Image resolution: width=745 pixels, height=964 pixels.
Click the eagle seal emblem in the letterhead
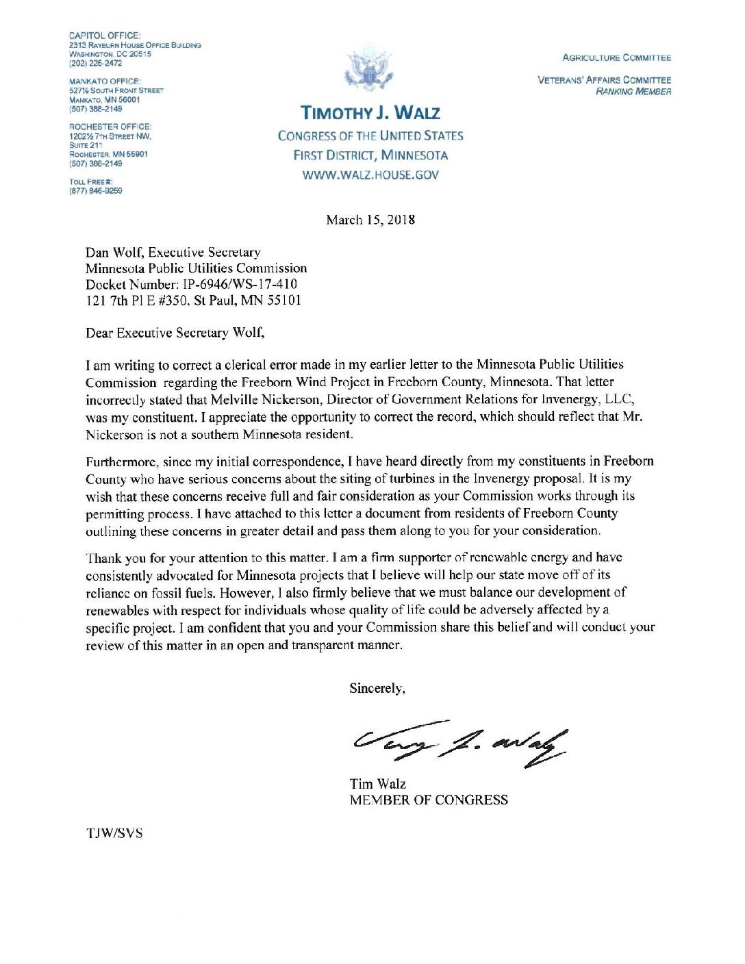pyautogui.click(x=370, y=68)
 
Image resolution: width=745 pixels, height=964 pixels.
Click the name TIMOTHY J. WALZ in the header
pyautogui.click(x=370, y=113)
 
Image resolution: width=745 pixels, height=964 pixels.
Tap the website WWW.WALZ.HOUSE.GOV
pyautogui.click(x=370, y=175)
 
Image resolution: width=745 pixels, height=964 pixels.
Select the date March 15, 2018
pyautogui.click(x=370, y=220)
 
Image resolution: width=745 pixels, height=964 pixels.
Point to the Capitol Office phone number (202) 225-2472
pyautogui.click(x=96, y=63)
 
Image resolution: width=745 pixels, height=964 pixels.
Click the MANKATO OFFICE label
pyautogui.click(x=105, y=81)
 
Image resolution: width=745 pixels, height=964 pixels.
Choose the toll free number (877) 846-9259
pyautogui.click(x=96, y=191)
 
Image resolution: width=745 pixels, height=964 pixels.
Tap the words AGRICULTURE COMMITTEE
pyautogui.click(x=616, y=58)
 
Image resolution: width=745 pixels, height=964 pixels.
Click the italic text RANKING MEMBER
pyautogui.click(x=633, y=91)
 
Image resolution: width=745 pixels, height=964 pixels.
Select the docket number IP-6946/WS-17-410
pyautogui.click(x=240, y=284)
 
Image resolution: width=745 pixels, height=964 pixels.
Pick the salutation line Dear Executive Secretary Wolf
pyautogui.click(x=175, y=333)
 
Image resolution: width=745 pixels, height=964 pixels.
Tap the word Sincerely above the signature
pyautogui.click(x=377, y=689)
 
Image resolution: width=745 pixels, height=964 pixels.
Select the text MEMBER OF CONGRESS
pyautogui.click(x=429, y=800)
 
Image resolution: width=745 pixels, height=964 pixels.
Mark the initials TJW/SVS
pyautogui.click(x=114, y=833)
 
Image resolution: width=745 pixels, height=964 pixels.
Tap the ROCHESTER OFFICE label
pyautogui.click(x=110, y=127)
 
